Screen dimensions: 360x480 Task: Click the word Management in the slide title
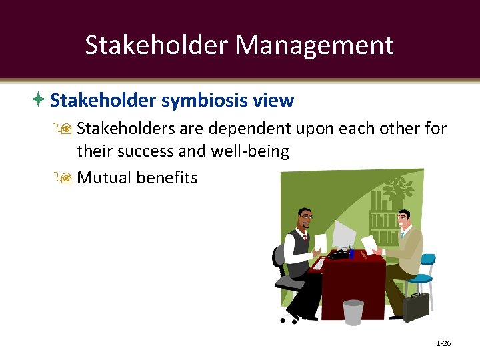tap(314, 45)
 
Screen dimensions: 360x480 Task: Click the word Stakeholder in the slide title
tap(157, 45)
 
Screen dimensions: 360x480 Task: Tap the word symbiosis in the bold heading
tap(206, 101)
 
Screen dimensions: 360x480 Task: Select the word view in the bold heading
tap(273, 101)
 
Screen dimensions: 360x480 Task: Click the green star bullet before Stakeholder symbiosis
tap(39, 100)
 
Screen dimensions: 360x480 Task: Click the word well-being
tap(251, 151)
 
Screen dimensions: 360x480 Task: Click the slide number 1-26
tap(443, 343)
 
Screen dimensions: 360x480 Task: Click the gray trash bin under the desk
tap(353, 312)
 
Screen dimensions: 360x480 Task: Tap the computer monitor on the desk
tap(344, 235)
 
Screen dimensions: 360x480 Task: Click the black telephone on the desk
tap(339, 253)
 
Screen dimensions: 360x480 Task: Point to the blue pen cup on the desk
tap(351, 253)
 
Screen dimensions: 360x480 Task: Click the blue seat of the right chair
tap(421, 279)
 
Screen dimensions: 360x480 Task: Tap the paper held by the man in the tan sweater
tap(369, 243)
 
